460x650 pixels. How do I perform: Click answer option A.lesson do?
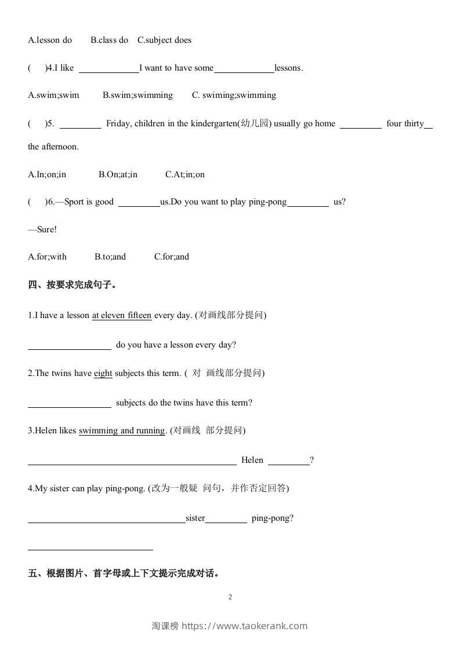[x=50, y=40]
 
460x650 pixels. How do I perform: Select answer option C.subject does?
[x=164, y=40]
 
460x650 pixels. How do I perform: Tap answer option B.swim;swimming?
[x=137, y=95]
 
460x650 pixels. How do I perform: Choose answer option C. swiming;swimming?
[x=234, y=95]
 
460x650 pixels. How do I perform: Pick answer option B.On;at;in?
[x=118, y=174]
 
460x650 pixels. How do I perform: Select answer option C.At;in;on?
[x=184, y=174]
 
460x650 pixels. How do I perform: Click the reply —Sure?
[x=42, y=229]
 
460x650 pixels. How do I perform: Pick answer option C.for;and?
[x=171, y=257]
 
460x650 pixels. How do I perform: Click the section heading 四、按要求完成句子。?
[x=73, y=285]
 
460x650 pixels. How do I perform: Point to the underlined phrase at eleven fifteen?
[x=122, y=315]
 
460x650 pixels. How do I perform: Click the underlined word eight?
[x=103, y=373]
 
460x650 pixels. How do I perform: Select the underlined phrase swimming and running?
[x=122, y=430]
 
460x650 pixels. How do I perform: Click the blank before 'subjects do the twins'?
[x=70, y=403]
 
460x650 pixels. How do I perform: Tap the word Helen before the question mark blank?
[x=252, y=460]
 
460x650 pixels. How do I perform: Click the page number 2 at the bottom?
[x=230, y=597]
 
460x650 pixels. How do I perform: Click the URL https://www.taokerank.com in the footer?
[x=244, y=626]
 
